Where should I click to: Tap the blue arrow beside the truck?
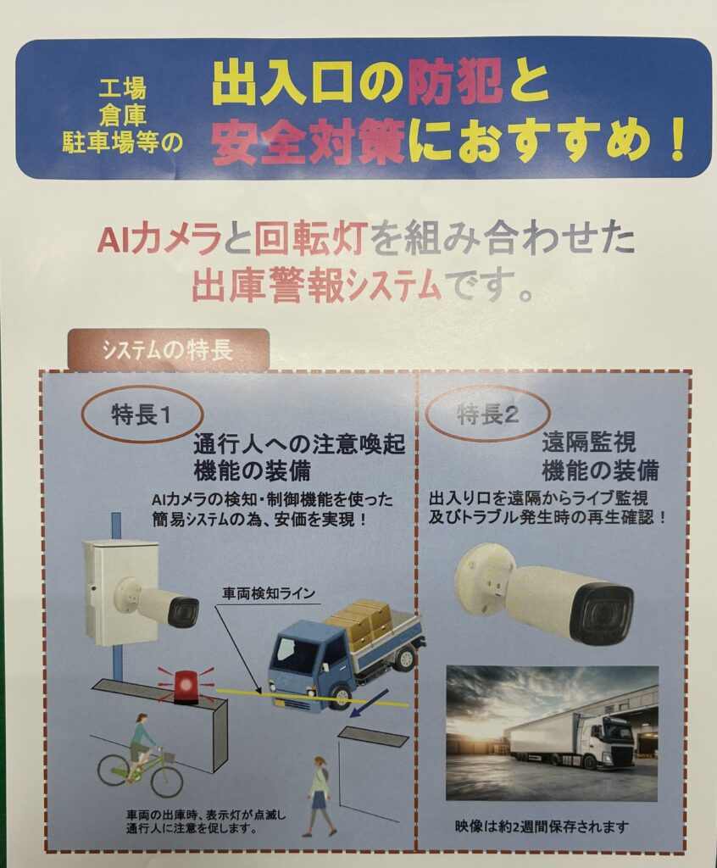(x=370, y=701)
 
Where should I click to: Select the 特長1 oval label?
(x=142, y=415)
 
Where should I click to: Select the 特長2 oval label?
(x=488, y=414)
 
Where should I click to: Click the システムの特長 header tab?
(x=169, y=349)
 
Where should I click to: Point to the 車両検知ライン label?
(x=269, y=593)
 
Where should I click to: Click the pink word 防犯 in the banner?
(x=455, y=86)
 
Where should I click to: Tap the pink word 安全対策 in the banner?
(x=308, y=142)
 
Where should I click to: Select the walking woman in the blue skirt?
(x=319, y=795)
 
